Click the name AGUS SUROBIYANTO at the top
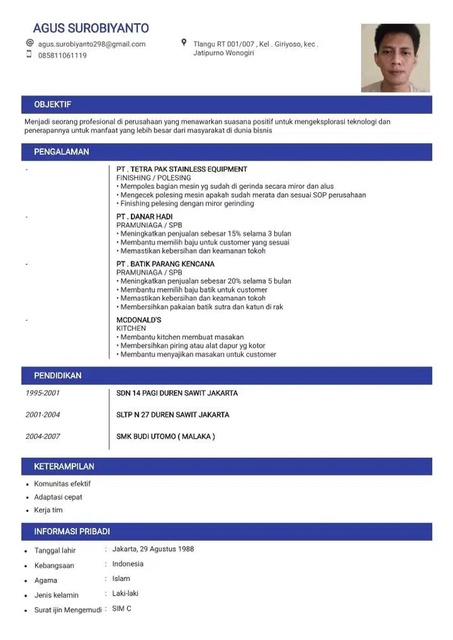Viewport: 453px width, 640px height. (x=90, y=28)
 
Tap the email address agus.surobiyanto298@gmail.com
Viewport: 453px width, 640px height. (x=92, y=44)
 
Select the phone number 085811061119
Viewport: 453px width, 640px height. (x=62, y=56)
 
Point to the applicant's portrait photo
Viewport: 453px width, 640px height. (x=395, y=58)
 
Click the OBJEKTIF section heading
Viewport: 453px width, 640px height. (x=53, y=104)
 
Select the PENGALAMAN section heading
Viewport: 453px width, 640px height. (x=62, y=152)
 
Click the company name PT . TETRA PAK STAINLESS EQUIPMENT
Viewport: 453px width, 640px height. (x=181, y=169)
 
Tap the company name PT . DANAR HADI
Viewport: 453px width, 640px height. (x=144, y=216)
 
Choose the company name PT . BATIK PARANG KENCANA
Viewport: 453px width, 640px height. (x=165, y=264)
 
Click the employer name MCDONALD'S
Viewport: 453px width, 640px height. (x=138, y=320)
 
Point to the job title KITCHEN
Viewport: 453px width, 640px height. (x=131, y=328)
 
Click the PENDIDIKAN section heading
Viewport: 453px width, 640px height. (x=58, y=376)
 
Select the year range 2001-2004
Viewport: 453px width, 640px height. (x=43, y=415)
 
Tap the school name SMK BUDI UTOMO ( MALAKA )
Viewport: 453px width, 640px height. (x=165, y=436)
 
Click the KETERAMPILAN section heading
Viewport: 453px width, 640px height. (x=64, y=467)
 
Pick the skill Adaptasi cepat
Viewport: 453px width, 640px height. (x=58, y=497)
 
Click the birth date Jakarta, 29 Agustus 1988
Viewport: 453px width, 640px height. (x=153, y=549)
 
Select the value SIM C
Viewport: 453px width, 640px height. (x=122, y=609)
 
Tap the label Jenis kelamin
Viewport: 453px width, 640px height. (x=56, y=595)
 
